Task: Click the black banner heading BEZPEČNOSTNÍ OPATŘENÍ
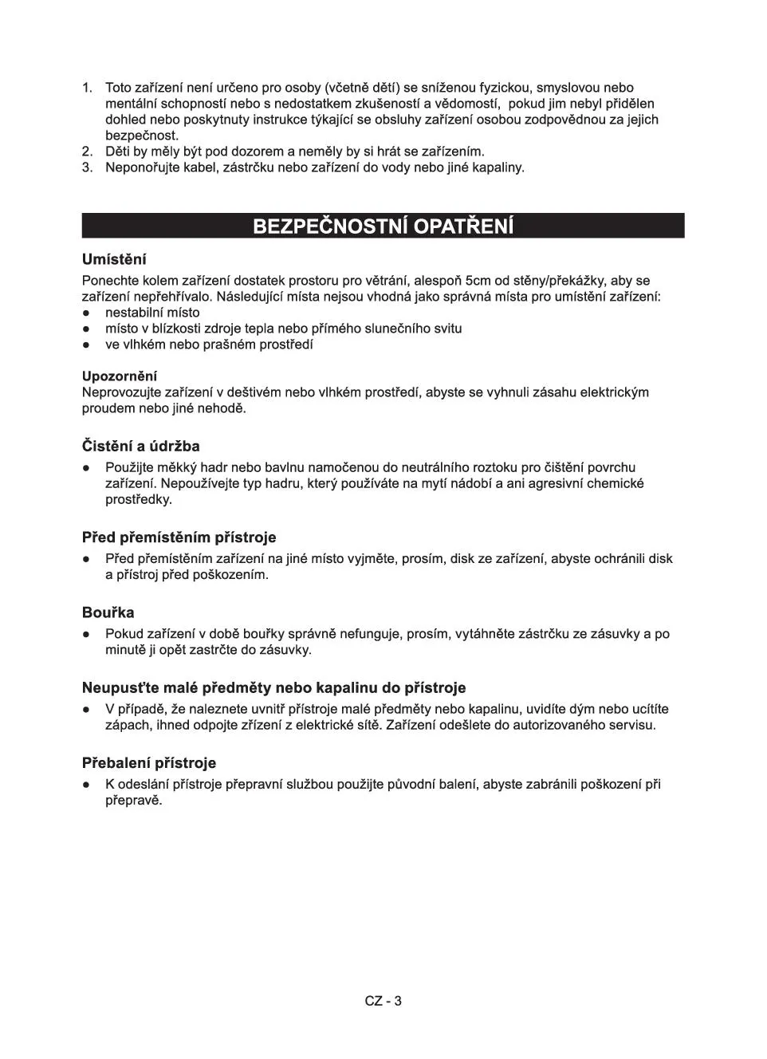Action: coord(383,226)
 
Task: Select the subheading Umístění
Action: coord(114,260)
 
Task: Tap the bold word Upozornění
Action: coord(120,376)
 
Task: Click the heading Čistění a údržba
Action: coord(141,447)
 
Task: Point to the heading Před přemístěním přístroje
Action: coord(179,537)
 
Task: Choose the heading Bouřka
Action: coord(108,612)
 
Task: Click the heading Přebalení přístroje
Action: coord(149,763)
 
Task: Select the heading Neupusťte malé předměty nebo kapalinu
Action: coord(274,687)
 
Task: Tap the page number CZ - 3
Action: coord(383,1001)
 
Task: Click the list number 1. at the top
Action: coord(88,89)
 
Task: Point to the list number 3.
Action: coord(88,167)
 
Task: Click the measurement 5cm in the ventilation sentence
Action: coord(478,281)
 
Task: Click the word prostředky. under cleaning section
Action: coord(139,500)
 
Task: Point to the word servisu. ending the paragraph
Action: coord(631,726)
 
